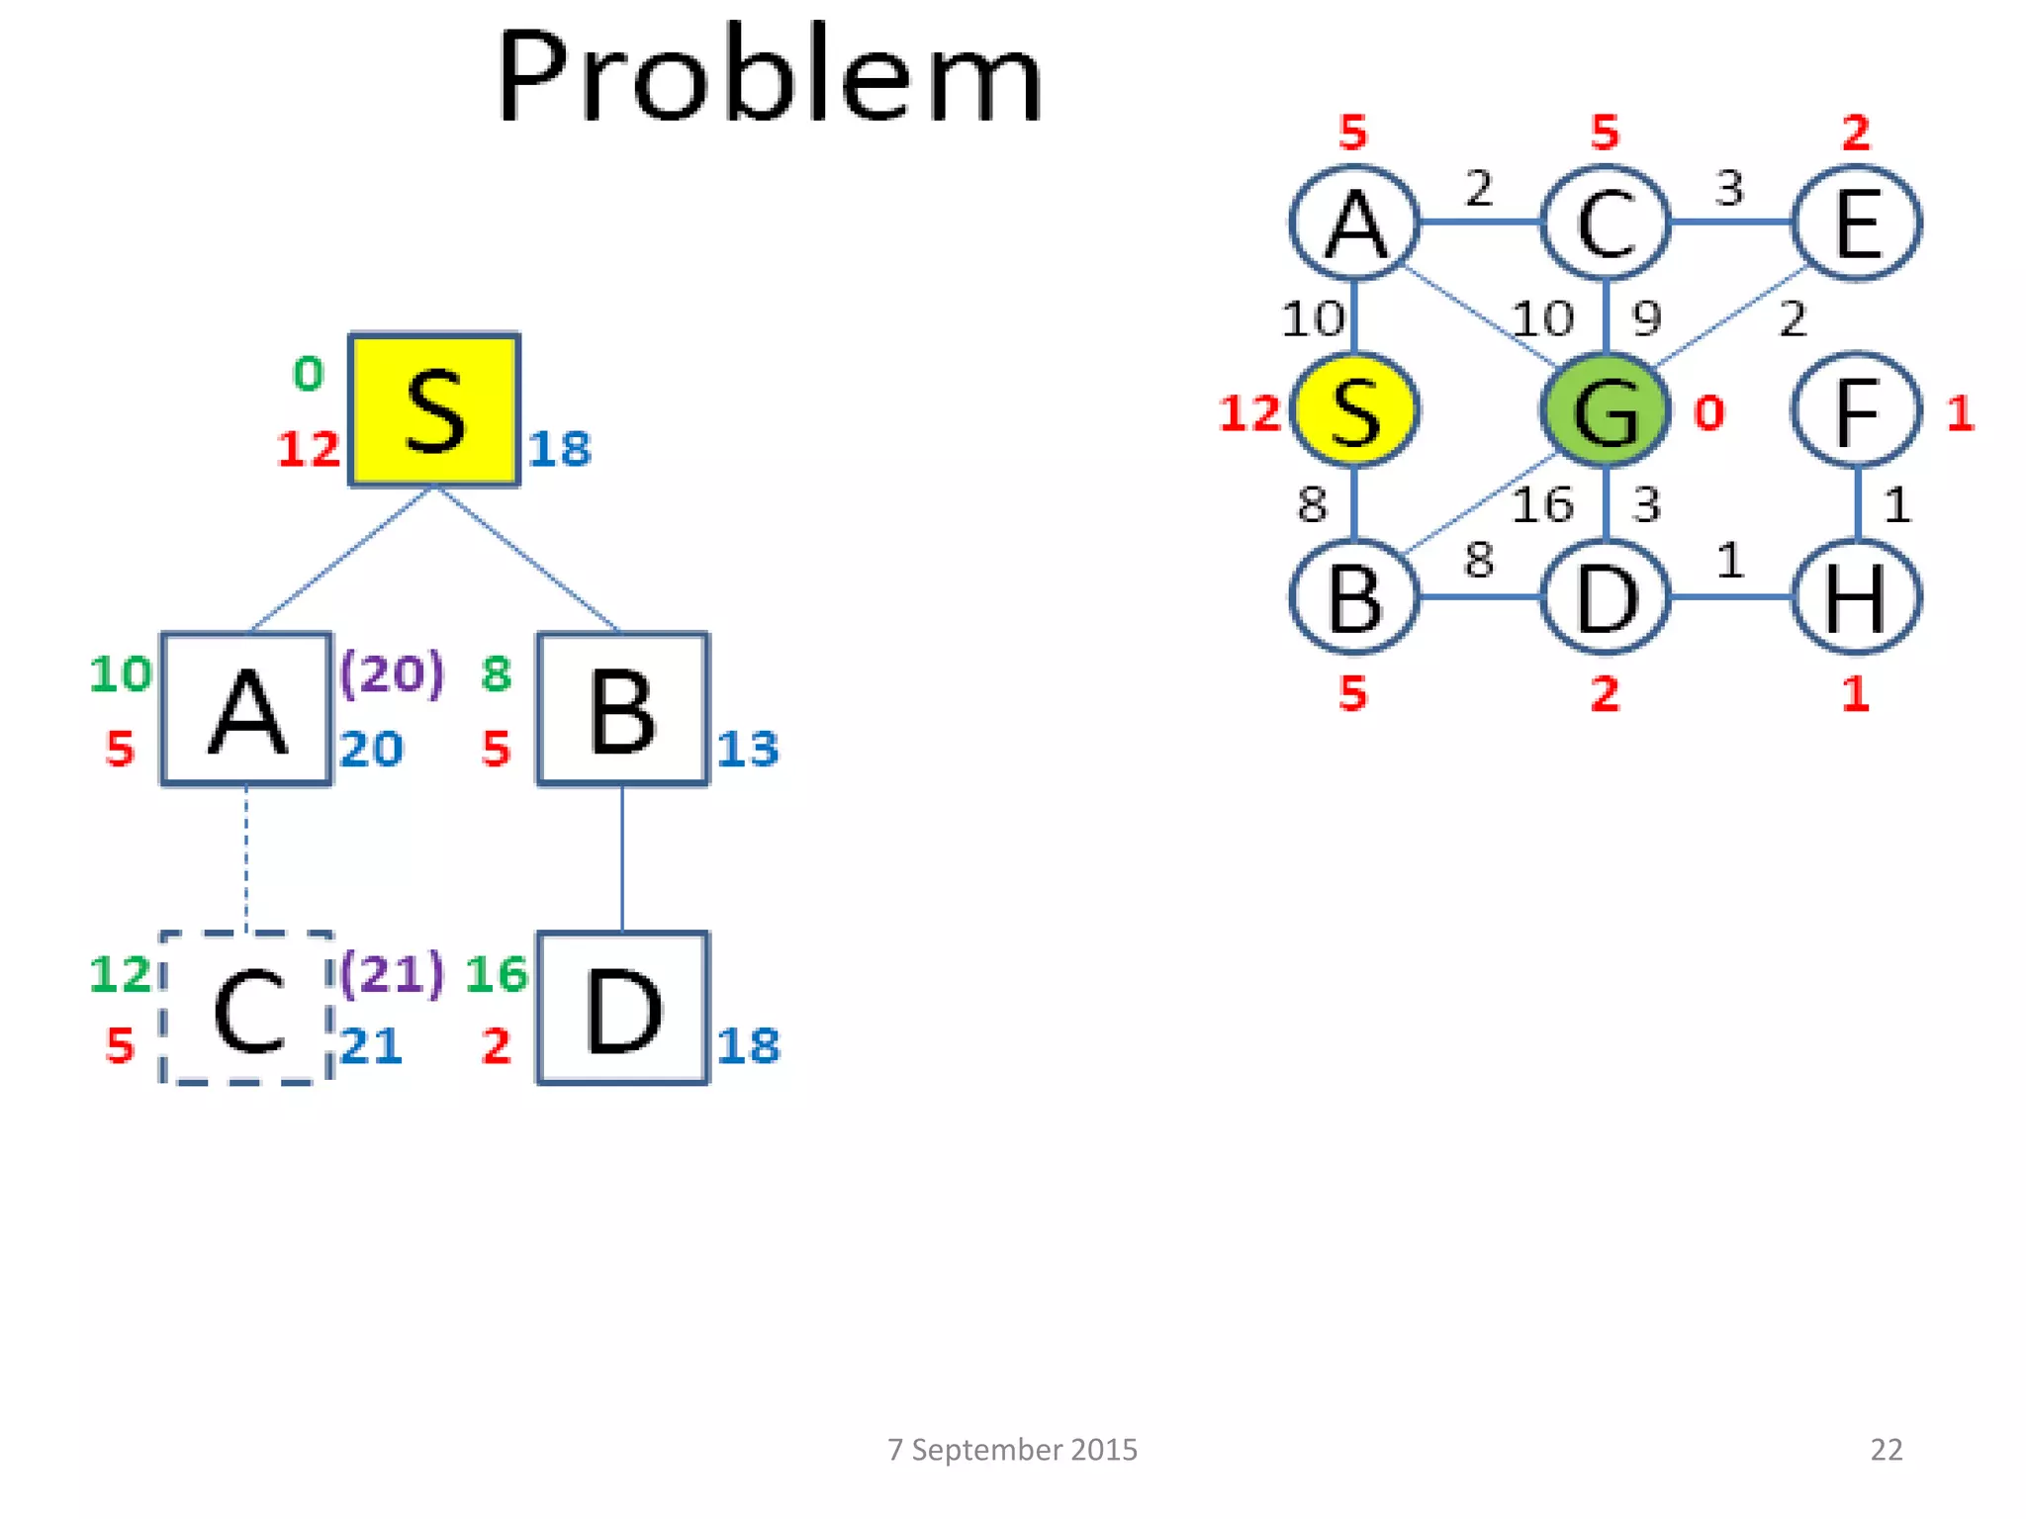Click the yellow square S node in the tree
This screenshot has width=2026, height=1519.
[x=434, y=409]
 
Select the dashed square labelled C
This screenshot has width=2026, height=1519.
[x=246, y=1008]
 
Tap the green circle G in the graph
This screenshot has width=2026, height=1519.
[x=1605, y=410]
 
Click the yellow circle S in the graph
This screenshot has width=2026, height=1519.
[x=1354, y=410]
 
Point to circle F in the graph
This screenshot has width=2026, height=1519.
[x=1856, y=410]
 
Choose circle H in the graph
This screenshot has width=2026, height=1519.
[x=1856, y=597]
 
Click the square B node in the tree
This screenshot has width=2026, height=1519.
[x=622, y=709]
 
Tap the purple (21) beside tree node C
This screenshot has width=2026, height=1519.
[x=392, y=973]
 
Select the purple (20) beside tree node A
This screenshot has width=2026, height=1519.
[x=392, y=673]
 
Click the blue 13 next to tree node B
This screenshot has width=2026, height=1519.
[x=748, y=749]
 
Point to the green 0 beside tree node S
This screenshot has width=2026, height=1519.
[x=309, y=374]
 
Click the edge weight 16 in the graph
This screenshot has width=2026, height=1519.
[x=1541, y=505]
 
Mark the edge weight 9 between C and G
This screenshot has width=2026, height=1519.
[x=1646, y=318]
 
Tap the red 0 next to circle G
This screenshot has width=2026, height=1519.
[x=1708, y=413]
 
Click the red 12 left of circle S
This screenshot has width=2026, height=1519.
[x=1249, y=413]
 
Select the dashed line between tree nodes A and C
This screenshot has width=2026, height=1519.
[x=246, y=857]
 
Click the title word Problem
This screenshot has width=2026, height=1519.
[x=769, y=77]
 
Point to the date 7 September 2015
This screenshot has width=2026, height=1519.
[x=1012, y=1449]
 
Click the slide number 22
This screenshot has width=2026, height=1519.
[x=1886, y=1449]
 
